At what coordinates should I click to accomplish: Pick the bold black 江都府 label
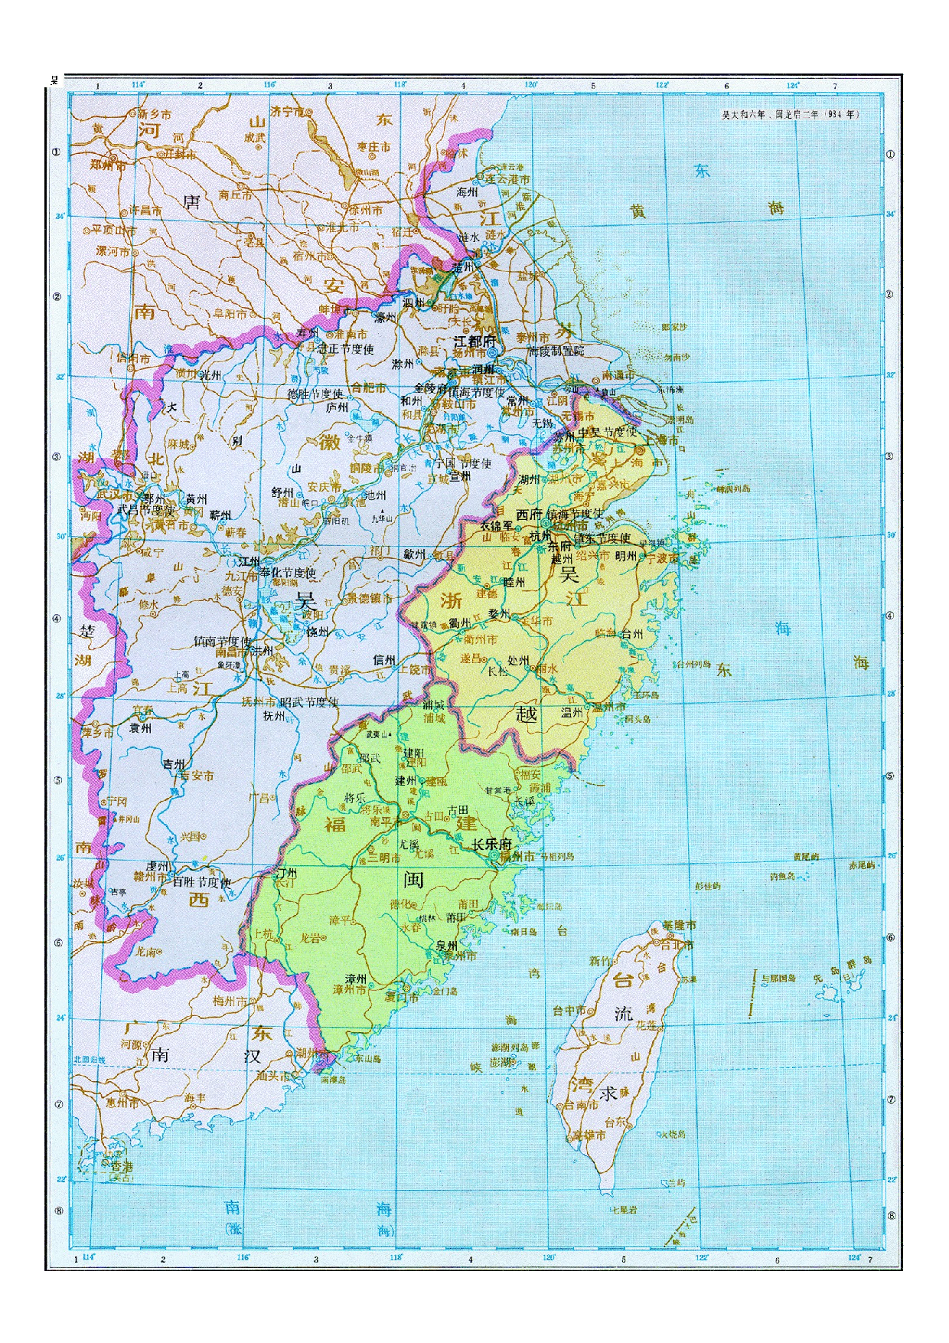click(475, 341)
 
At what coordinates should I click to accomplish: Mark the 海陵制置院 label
click(556, 351)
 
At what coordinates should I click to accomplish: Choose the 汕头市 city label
click(273, 1076)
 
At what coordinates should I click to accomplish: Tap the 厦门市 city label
click(402, 998)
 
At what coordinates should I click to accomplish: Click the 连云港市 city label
click(507, 178)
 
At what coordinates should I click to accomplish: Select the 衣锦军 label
click(498, 526)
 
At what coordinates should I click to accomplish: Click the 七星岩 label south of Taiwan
click(624, 1211)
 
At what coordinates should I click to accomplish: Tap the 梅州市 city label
click(230, 1001)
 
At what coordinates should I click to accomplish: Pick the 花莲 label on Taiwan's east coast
click(647, 1025)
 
